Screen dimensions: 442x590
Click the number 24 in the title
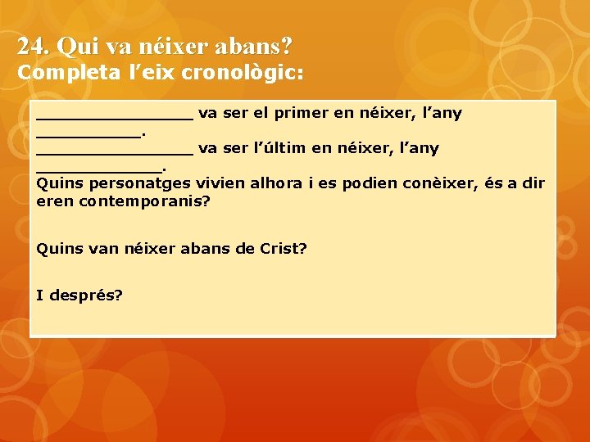coord(30,46)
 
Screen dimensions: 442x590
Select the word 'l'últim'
coord(281,148)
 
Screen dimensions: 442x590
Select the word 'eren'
coord(56,201)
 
